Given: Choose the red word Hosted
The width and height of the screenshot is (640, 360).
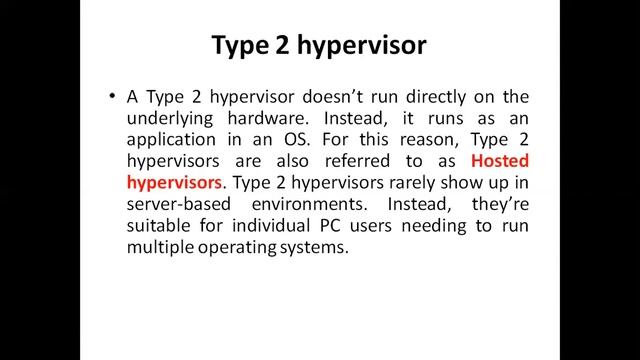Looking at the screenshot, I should tap(499, 161).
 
